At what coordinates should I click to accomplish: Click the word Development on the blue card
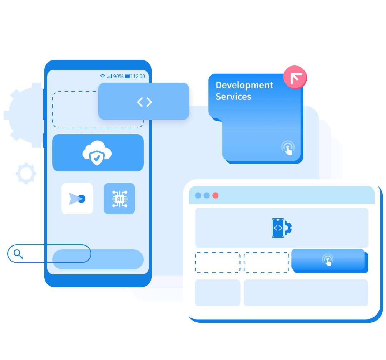pos(244,86)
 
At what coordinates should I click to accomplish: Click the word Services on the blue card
pos(233,97)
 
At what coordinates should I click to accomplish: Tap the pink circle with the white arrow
pos(295,77)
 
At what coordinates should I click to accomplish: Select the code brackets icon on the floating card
pos(144,102)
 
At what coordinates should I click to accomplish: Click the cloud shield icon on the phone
pos(97,153)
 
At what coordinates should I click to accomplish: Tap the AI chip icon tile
pos(119,199)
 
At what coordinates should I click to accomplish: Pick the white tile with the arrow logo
pos(77,199)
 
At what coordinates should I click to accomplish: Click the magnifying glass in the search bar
pos(18,254)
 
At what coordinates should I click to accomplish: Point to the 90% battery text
pos(118,76)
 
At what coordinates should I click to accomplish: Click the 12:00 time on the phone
pos(139,76)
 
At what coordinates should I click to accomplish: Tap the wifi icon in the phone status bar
pos(103,76)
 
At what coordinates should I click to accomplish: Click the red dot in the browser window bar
pos(216,195)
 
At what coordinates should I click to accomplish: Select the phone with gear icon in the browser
pos(281,228)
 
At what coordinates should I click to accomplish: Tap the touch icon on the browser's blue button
pos(328,260)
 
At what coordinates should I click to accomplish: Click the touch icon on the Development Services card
pos(288,148)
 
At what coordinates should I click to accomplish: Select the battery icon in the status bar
pos(128,76)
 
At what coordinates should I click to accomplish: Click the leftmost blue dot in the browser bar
pos(198,195)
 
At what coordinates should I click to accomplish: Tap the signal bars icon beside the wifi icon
pos(109,76)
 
